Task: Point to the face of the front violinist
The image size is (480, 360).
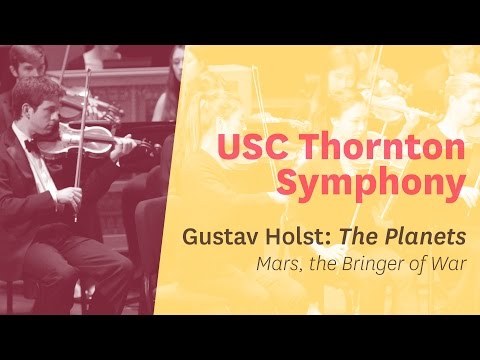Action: pos(50,115)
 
